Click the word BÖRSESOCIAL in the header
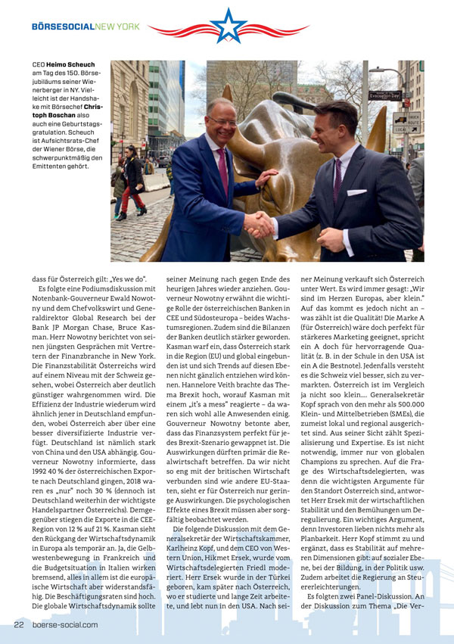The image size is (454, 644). click(62, 26)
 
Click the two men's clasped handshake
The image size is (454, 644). click(260, 224)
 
